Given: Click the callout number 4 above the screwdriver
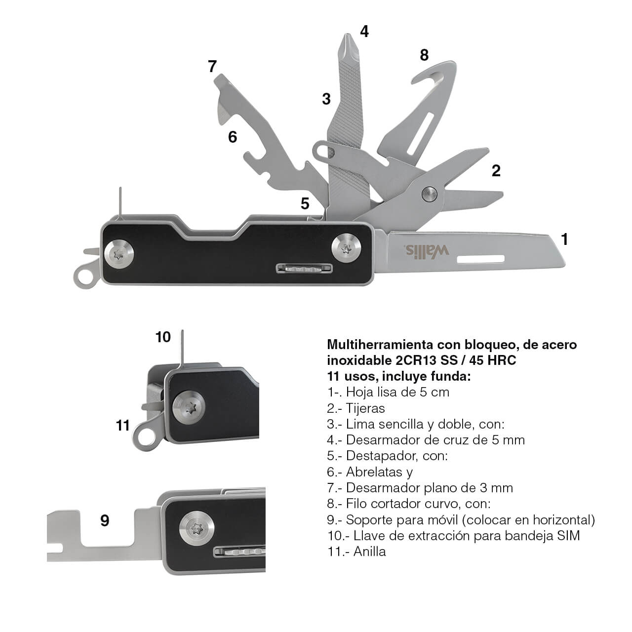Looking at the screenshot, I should (364, 32).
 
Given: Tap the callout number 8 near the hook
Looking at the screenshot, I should (424, 55).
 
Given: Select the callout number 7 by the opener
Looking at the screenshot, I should (212, 66).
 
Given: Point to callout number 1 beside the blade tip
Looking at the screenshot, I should (564, 239).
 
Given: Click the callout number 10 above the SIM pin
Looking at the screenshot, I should (163, 337).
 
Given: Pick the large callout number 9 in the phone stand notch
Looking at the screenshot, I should (105, 520).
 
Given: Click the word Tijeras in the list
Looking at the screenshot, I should (365, 408).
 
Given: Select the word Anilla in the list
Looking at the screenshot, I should (369, 552).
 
